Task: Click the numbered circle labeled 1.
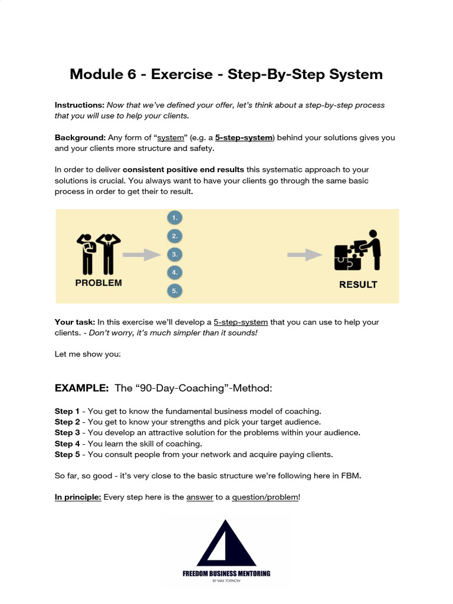point(174,218)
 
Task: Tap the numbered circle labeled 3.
point(174,254)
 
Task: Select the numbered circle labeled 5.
point(174,291)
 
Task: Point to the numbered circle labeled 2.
point(174,236)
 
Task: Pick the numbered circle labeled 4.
point(174,273)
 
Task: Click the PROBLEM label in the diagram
point(99,283)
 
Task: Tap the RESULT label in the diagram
point(358,284)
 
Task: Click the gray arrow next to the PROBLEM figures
point(142,254)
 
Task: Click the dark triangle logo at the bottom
point(226,543)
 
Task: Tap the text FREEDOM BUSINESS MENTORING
point(226,573)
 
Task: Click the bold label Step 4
point(67,444)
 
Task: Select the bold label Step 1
point(67,411)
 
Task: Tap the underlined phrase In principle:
point(78,497)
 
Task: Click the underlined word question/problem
point(265,497)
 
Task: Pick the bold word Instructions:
point(80,105)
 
